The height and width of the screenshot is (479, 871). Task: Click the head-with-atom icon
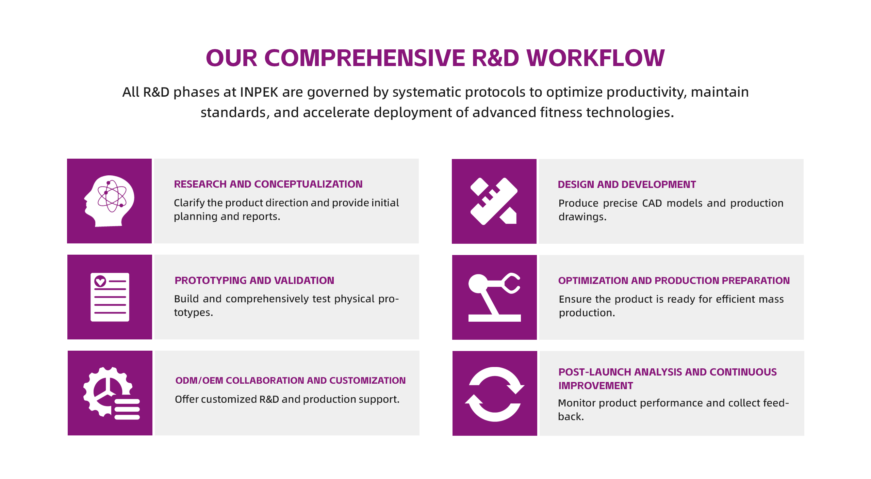click(x=109, y=201)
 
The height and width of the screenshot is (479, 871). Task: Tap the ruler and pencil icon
click(x=494, y=201)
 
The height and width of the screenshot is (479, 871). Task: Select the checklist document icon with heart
click(x=110, y=297)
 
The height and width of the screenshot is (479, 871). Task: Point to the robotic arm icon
click(x=494, y=297)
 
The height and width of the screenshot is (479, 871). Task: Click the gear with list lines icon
click(x=111, y=393)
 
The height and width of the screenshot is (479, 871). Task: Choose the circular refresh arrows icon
click(x=495, y=394)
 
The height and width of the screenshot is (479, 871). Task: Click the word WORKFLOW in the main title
click(x=595, y=58)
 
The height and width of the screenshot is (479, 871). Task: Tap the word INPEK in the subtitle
click(x=259, y=92)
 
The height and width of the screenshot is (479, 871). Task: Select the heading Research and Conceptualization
click(x=268, y=184)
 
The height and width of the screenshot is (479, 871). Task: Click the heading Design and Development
click(x=627, y=184)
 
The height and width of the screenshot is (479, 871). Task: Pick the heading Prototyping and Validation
click(x=254, y=280)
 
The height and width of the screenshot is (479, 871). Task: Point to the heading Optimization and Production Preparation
click(x=674, y=280)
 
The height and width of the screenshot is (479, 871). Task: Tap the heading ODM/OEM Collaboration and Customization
click(x=290, y=380)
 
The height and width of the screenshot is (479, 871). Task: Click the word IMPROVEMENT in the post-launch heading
click(x=595, y=385)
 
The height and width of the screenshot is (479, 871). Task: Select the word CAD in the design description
click(x=652, y=203)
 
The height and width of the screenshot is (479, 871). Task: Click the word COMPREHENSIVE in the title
click(x=364, y=58)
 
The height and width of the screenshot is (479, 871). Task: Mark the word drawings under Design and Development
click(x=582, y=217)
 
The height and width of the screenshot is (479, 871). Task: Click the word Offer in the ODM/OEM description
click(x=186, y=399)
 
